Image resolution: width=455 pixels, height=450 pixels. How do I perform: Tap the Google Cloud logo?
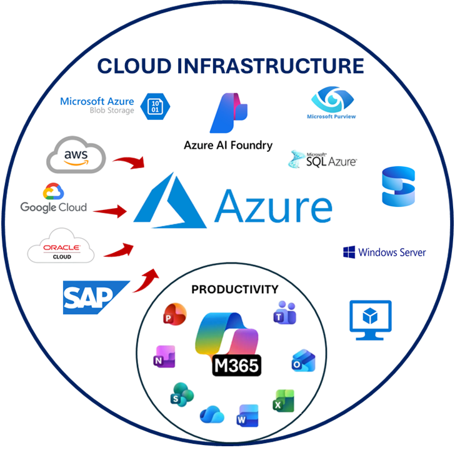[54, 198]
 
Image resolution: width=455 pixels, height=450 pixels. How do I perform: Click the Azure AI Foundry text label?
[228, 145]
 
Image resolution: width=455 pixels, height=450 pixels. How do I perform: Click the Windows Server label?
[384, 252]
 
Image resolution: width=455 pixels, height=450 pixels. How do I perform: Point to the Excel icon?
[284, 401]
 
